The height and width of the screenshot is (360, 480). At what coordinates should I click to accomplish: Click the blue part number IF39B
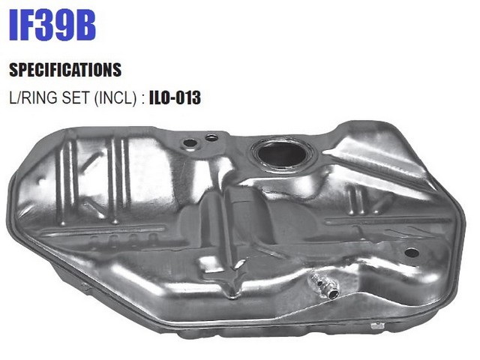coord(52,25)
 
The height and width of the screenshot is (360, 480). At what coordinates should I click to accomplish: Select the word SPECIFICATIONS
coord(65,70)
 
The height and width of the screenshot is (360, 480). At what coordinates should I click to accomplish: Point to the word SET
coord(76,97)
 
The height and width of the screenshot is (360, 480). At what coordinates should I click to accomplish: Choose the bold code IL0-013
coord(175,97)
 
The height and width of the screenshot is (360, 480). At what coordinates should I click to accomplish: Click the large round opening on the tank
coord(282,154)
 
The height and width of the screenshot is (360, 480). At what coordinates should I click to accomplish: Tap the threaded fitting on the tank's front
coord(325,286)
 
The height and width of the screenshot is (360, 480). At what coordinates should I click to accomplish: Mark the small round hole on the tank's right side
coord(412,253)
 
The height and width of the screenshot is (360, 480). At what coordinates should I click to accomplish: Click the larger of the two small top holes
coord(190,143)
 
